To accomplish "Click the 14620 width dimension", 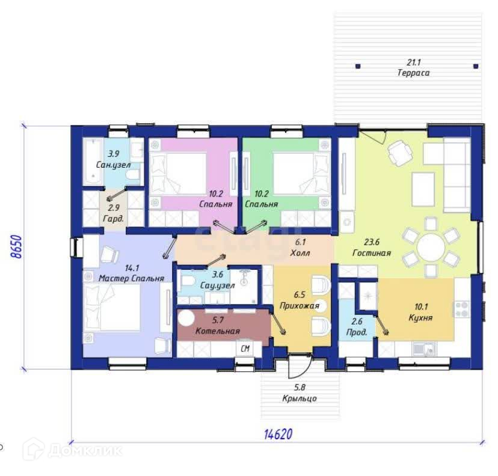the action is pos(278,434).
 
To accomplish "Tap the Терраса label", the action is pos(414,73).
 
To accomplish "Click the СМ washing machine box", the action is pos(245,349).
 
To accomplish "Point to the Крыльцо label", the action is pos(300,398).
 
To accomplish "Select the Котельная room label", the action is pos(218,331).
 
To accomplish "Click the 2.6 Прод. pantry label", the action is pos(357,326).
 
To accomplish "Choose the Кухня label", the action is pos(421,318).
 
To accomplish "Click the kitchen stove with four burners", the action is pos(461,310).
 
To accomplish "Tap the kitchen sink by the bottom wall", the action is pos(424,349).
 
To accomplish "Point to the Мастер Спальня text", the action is pos(132,278).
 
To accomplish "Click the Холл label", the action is pos(300,253).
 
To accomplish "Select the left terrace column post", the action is pos(358,66).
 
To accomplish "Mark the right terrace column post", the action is pos(476,66).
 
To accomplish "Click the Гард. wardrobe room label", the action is pos(114,218).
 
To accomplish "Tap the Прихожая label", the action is pos(299,305).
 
